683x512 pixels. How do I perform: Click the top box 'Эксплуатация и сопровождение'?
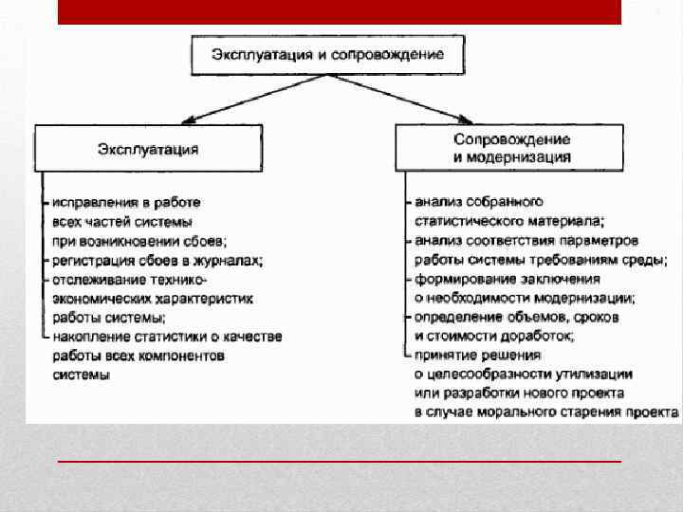coord(330,55)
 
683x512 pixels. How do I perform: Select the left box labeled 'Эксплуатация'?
coord(149,148)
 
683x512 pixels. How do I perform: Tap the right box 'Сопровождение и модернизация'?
coord(510,148)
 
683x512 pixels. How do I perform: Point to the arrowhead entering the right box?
coord(465,120)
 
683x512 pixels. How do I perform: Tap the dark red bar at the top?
coord(339,11)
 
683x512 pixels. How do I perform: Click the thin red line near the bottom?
coord(339,461)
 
